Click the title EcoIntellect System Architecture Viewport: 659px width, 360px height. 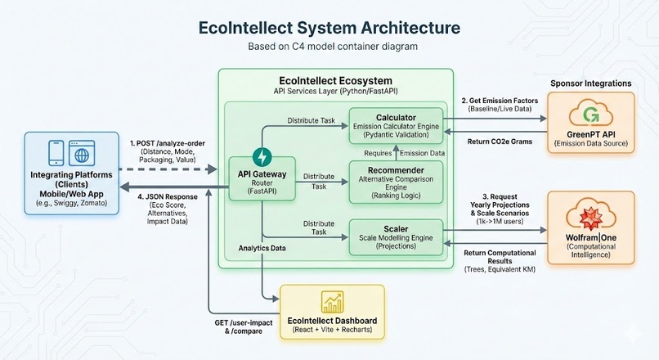[329, 27]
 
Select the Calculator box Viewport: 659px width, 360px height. [396, 124]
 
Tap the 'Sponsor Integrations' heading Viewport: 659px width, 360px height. [590, 83]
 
